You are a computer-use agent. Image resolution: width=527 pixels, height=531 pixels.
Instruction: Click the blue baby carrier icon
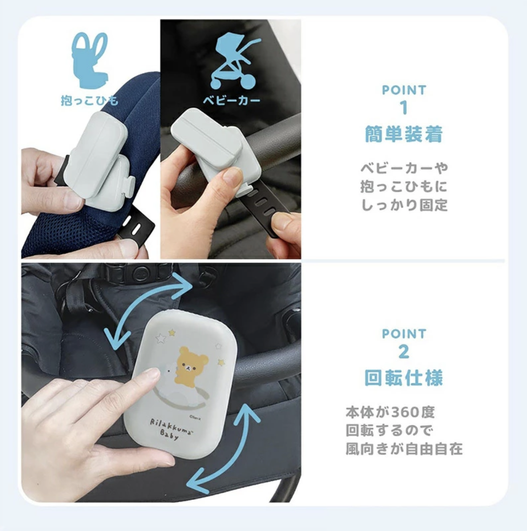click(90, 59)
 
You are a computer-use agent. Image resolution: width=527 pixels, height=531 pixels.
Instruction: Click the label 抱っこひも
click(90, 101)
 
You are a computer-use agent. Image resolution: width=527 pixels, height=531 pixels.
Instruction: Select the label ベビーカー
click(231, 100)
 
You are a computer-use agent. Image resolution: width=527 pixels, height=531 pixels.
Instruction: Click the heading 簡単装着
click(403, 134)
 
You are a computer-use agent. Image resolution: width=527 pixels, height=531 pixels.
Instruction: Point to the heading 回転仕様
click(403, 378)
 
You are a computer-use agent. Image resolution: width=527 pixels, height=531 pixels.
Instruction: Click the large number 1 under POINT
click(403, 108)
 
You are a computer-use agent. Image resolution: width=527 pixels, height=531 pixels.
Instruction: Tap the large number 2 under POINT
click(403, 352)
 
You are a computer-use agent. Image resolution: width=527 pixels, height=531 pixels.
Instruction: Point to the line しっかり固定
click(404, 205)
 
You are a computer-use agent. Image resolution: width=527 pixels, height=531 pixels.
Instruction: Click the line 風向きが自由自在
click(404, 449)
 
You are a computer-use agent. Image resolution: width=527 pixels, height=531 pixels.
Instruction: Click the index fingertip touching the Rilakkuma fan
click(151, 375)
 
